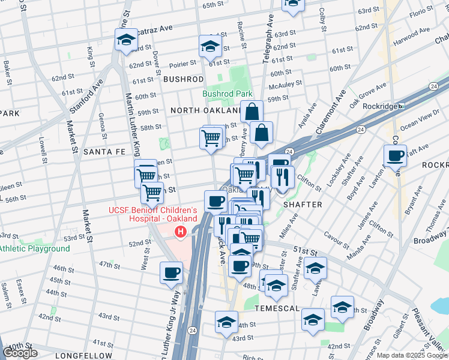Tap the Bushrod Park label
coord(227,94)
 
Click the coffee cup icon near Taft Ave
coord(395,157)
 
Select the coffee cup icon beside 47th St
coord(171,273)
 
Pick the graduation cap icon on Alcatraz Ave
coord(127,41)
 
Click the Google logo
coord(20,353)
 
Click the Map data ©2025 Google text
coord(411,355)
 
